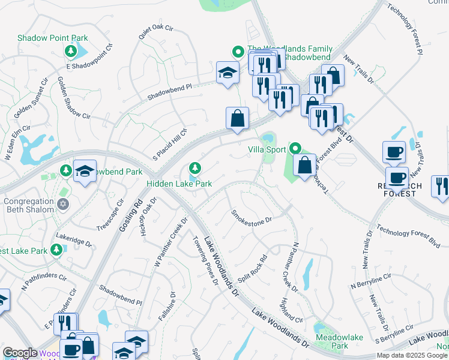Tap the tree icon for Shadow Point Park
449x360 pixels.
click(71, 52)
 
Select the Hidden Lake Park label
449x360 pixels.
click(180, 182)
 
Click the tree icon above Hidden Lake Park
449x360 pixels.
click(194, 167)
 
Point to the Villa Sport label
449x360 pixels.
click(267, 147)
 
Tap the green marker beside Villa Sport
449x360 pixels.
click(295, 148)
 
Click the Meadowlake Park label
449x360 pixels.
click(339, 342)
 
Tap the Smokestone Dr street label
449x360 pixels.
click(252, 215)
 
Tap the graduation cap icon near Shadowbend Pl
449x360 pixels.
click(227, 73)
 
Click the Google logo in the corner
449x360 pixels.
click(20, 353)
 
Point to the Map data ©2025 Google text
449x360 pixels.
click(411, 355)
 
